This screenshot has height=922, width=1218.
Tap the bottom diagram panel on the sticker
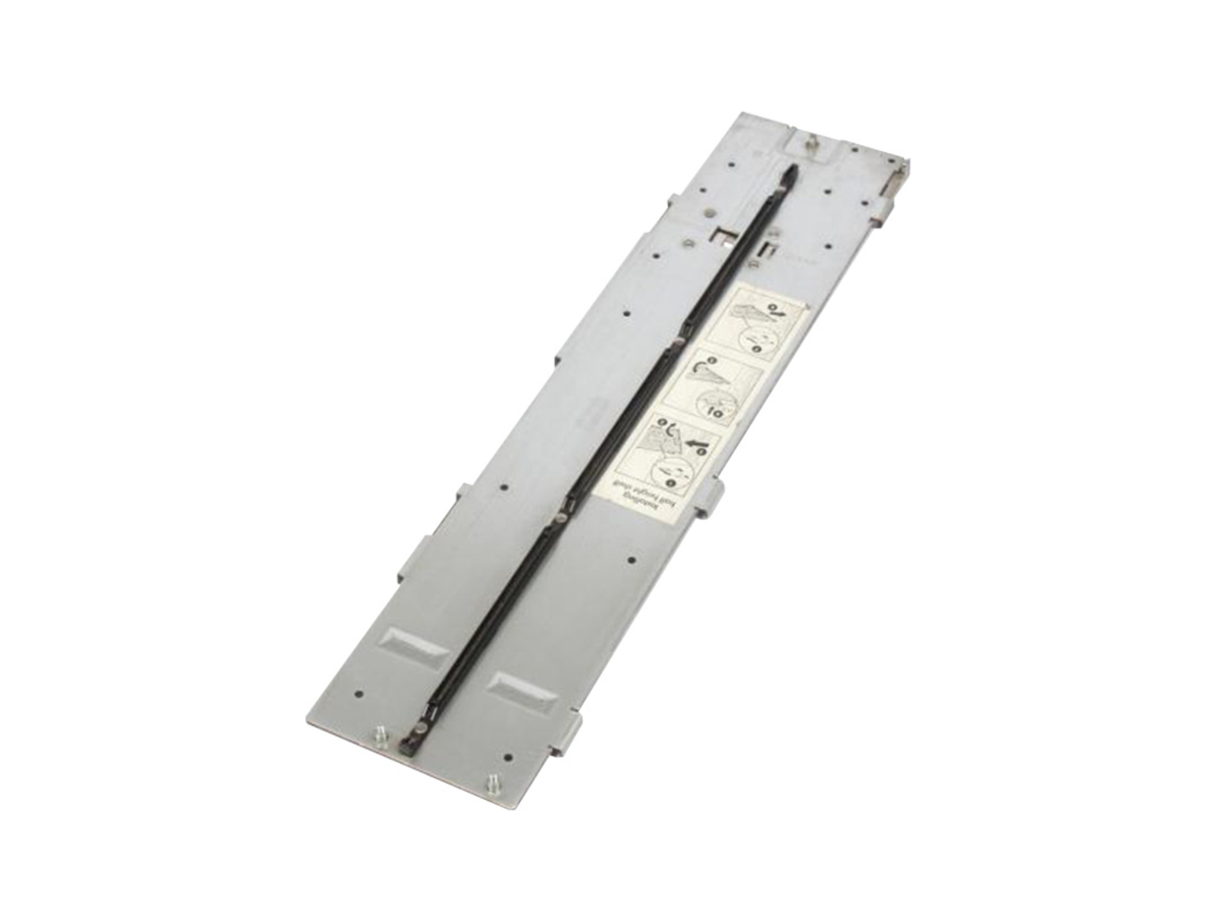[683, 446]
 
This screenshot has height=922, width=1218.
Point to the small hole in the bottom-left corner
[359, 693]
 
